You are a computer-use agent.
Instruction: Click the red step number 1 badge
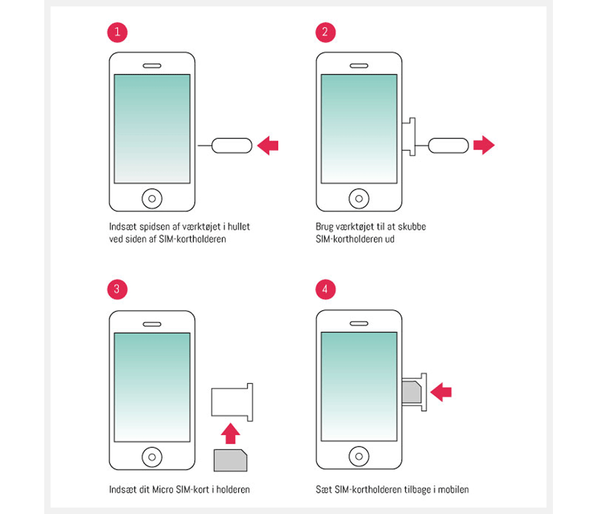(x=117, y=32)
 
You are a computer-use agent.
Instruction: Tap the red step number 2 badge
(x=325, y=32)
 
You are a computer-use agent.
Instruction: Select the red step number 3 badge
(x=117, y=289)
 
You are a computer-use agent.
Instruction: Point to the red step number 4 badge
(x=325, y=289)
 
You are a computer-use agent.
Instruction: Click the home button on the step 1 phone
(x=152, y=199)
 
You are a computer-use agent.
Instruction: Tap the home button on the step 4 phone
(x=359, y=456)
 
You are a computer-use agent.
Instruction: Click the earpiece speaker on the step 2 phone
(x=359, y=66)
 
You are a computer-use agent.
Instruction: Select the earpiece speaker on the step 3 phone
(x=152, y=325)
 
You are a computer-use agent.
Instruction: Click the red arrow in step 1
(x=268, y=145)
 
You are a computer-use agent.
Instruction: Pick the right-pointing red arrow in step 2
(x=484, y=145)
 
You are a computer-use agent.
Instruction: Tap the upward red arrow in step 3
(x=230, y=434)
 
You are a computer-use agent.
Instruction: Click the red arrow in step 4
(x=441, y=392)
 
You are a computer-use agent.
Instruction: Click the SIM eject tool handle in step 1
(x=232, y=146)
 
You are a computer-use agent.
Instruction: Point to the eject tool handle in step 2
(x=449, y=146)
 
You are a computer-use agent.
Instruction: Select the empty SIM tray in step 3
(x=232, y=402)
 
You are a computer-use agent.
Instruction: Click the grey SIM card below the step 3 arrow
(x=230, y=460)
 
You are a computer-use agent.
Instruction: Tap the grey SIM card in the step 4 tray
(x=411, y=392)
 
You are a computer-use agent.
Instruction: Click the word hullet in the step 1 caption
(x=239, y=227)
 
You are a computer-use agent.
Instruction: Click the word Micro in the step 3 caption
(x=163, y=490)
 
